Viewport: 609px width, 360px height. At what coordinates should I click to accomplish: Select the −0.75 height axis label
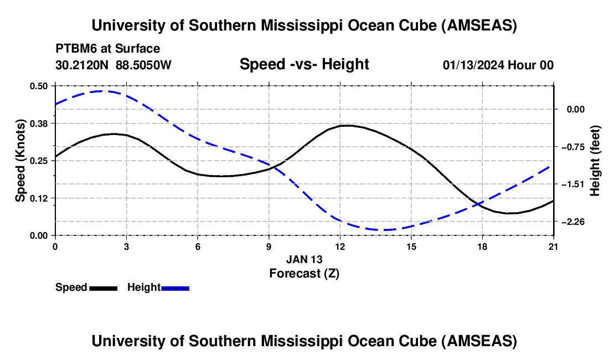[572, 147]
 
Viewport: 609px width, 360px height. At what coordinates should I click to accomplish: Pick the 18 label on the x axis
[482, 245]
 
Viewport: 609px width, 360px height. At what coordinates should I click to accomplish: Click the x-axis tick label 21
[554, 245]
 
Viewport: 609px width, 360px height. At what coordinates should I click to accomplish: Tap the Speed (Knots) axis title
[20, 160]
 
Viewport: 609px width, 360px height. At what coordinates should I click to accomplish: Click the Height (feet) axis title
[595, 160]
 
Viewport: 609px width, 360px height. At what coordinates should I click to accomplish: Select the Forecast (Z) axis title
[304, 272]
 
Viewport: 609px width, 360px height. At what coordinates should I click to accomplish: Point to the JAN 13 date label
[304, 259]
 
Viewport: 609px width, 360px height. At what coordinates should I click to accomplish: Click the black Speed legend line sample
[103, 287]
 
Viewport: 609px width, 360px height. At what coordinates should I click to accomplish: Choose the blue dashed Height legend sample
[176, 287]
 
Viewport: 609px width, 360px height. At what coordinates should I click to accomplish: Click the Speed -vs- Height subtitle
[304, 64]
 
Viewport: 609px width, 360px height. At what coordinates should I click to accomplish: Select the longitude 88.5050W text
[143, 65]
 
